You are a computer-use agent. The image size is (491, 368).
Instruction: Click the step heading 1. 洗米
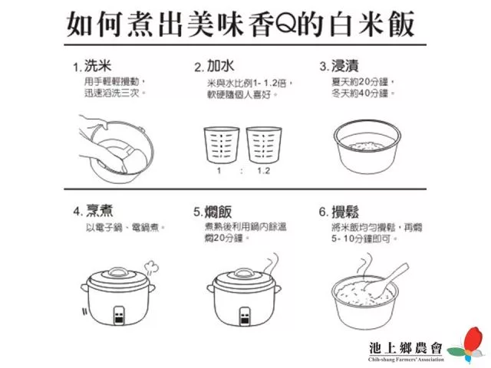[92, 66]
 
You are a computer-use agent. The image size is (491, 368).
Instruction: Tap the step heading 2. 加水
[214, 66]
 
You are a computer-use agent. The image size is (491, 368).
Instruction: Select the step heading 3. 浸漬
[339, 66]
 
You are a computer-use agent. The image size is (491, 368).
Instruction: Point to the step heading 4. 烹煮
[93, 211]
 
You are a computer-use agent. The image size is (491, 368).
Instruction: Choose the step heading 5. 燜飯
[213, 212]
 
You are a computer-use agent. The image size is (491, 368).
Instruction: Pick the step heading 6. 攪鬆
[339, 212]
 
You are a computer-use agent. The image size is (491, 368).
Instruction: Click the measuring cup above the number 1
[222, 145]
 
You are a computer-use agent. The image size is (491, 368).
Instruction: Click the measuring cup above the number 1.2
[264, 145]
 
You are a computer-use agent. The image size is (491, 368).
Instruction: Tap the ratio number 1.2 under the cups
[263, 171]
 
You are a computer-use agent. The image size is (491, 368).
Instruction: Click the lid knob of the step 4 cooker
[118, 271]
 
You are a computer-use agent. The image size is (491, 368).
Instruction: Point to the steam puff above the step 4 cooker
[151, 268]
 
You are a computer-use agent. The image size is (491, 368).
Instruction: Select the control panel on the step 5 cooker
[245, 316]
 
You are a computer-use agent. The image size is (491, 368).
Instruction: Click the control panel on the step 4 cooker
[119, 315]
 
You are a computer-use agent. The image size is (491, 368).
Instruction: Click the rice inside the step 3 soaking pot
[366, 146]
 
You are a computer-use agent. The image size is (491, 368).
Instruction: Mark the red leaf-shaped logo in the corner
[473, 339]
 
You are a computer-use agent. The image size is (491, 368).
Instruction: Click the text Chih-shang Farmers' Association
[406, 360]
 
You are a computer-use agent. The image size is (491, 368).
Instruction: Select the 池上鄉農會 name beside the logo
[406, 348]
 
